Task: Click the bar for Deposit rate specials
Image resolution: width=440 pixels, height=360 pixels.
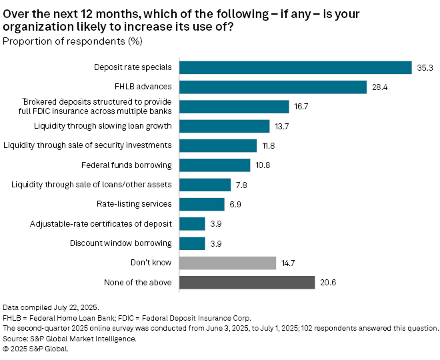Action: (296, 67)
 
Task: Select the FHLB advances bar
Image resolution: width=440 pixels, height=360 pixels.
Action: (273, 87)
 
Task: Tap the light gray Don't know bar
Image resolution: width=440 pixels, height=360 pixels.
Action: (228, 263)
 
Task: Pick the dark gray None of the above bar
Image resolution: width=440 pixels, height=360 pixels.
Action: (247, 283)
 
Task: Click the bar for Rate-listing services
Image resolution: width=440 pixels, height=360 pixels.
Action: (203, 204)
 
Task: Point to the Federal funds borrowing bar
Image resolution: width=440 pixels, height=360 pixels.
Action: (215, 165)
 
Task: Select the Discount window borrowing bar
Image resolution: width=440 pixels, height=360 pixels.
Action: (193, 243)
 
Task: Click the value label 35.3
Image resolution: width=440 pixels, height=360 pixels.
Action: (425, 67)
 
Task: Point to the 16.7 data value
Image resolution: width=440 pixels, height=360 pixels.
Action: (301, 106)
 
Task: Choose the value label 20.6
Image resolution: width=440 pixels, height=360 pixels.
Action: (327, 283)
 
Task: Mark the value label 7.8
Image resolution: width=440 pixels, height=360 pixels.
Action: (241, 185)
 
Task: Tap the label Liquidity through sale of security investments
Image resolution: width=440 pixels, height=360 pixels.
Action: (88, 145)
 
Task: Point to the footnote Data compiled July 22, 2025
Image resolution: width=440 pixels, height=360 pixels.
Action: (51, 307)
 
